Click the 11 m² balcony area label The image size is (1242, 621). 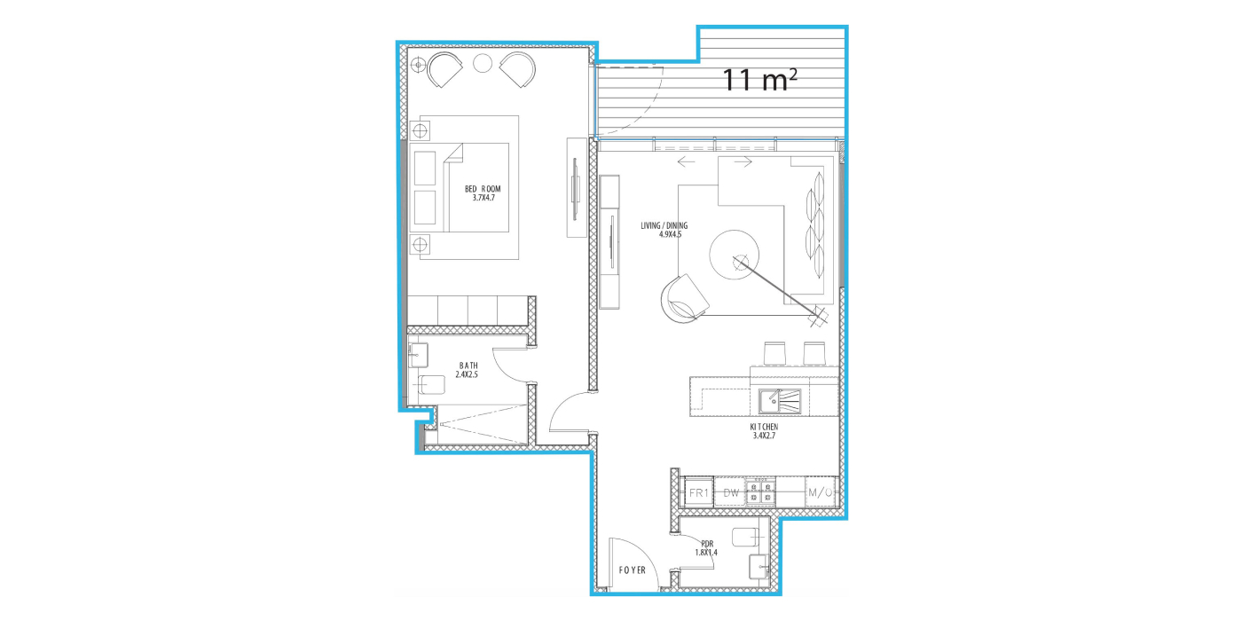(759, 80)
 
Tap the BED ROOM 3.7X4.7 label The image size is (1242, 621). (483, 193)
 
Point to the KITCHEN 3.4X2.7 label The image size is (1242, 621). (764, 431)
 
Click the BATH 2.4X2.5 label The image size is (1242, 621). (468, 370)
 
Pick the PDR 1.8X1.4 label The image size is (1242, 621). (706, 548)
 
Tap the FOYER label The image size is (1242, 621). (632, 570)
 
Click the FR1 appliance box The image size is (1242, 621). (699, 492)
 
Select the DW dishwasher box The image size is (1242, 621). (731, 492)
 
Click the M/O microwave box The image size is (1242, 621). (820, 492)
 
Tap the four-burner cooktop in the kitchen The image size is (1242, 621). (760, 492)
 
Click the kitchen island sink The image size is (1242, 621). (780, 401)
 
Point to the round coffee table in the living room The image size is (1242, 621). (735, 255)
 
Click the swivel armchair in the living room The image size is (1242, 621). (684, 298)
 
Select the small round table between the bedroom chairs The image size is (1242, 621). (483, 64)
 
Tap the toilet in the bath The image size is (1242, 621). (431, 384)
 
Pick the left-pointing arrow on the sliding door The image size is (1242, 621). (687, 161)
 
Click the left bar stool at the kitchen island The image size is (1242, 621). (774, 353)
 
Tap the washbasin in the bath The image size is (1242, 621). (418, 355)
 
